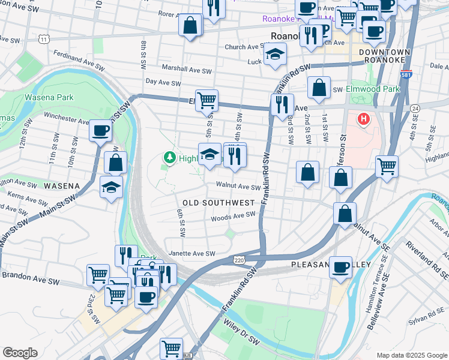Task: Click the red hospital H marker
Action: pyautogui.click(x=363, y=119)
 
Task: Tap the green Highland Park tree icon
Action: pyautogui.click(x=170, y=158)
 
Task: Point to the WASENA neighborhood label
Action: pyautogui.click(x=58, y=186)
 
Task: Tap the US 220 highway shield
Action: pyautogui.click(x=238, y=259)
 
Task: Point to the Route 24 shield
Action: pyautogui.click(x=415, y=108)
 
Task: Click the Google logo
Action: pyautogui.click(x=19, y=353)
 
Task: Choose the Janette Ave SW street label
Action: pyautogui.click(x=191, y=254)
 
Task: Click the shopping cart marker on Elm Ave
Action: pyautogui.click(x=206, y=100)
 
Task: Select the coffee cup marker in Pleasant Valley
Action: pyautogui.click(x=341, y=267)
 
